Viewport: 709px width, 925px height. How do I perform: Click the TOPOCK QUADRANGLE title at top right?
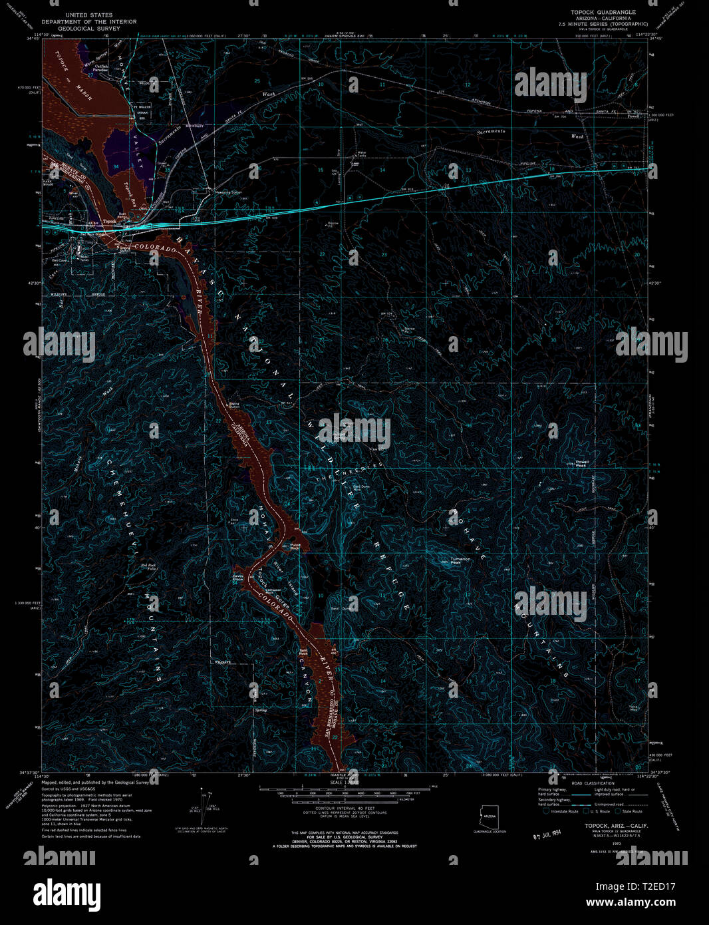603,12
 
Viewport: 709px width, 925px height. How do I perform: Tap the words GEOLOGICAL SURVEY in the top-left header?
88,29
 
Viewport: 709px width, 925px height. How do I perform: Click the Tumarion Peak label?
460,560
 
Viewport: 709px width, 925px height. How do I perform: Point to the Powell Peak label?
582,463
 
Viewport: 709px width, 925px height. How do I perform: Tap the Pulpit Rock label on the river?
295,547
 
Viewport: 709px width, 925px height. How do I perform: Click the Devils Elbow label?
238,577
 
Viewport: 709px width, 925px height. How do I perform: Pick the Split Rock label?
303,651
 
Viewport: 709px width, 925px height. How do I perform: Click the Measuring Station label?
227,192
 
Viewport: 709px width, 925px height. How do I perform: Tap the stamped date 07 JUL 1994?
551,834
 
